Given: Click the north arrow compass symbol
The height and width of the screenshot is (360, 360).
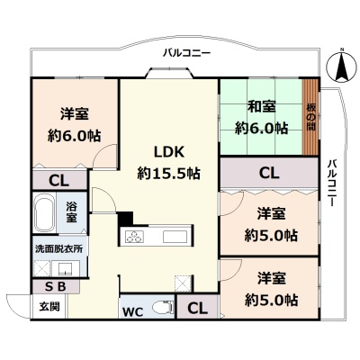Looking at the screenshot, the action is click(342, 67).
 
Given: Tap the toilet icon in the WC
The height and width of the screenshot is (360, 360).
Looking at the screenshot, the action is click(163, 308).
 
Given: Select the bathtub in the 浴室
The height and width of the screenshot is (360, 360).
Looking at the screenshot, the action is click(44, 212).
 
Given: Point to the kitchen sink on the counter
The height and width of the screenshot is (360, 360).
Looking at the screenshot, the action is click(175, 236).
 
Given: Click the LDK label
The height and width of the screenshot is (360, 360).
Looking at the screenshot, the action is click(168, 152).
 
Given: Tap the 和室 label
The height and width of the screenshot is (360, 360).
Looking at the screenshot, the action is click(262, 106).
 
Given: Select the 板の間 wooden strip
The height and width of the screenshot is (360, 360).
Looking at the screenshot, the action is click(310, 117).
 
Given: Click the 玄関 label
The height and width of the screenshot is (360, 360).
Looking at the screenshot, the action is click(49, 306).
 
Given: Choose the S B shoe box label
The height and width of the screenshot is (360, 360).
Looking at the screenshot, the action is click(55, 287).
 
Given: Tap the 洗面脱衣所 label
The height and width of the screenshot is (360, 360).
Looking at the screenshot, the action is click(59, 248).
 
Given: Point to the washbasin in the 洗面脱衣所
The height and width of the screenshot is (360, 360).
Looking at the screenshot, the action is click(66, 268).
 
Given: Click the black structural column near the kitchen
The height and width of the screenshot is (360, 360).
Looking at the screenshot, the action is click(125, 219).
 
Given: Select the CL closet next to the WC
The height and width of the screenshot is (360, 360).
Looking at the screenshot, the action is click(197, 307).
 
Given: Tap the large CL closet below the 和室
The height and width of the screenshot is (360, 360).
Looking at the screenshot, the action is click(269, 173).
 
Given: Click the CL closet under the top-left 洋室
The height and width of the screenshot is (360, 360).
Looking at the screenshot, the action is click(59, 180).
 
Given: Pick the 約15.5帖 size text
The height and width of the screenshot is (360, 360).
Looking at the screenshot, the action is click(169, 173).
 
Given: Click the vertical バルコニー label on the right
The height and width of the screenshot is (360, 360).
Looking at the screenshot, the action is click(332, 183).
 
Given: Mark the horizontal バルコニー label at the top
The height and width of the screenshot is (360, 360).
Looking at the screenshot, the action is click(186, 53).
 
